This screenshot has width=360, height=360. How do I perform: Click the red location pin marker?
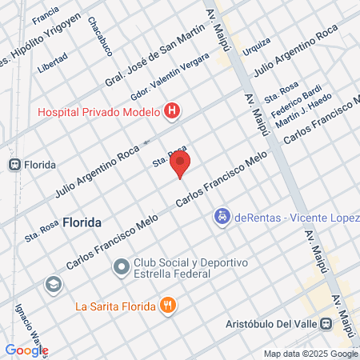[182, 165]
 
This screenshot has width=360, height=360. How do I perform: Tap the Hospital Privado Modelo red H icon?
[170, 111]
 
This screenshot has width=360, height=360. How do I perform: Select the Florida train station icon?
[14, 164]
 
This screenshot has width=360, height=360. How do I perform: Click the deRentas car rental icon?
[220, 215]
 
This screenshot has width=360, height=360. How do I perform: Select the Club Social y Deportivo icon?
[121, 266]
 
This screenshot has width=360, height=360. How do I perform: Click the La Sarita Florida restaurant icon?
[167, 304]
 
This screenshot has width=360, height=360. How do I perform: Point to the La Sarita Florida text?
[113, 305]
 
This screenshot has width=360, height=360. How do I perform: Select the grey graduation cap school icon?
[54, 284]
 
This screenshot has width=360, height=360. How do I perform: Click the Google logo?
[26, 350]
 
